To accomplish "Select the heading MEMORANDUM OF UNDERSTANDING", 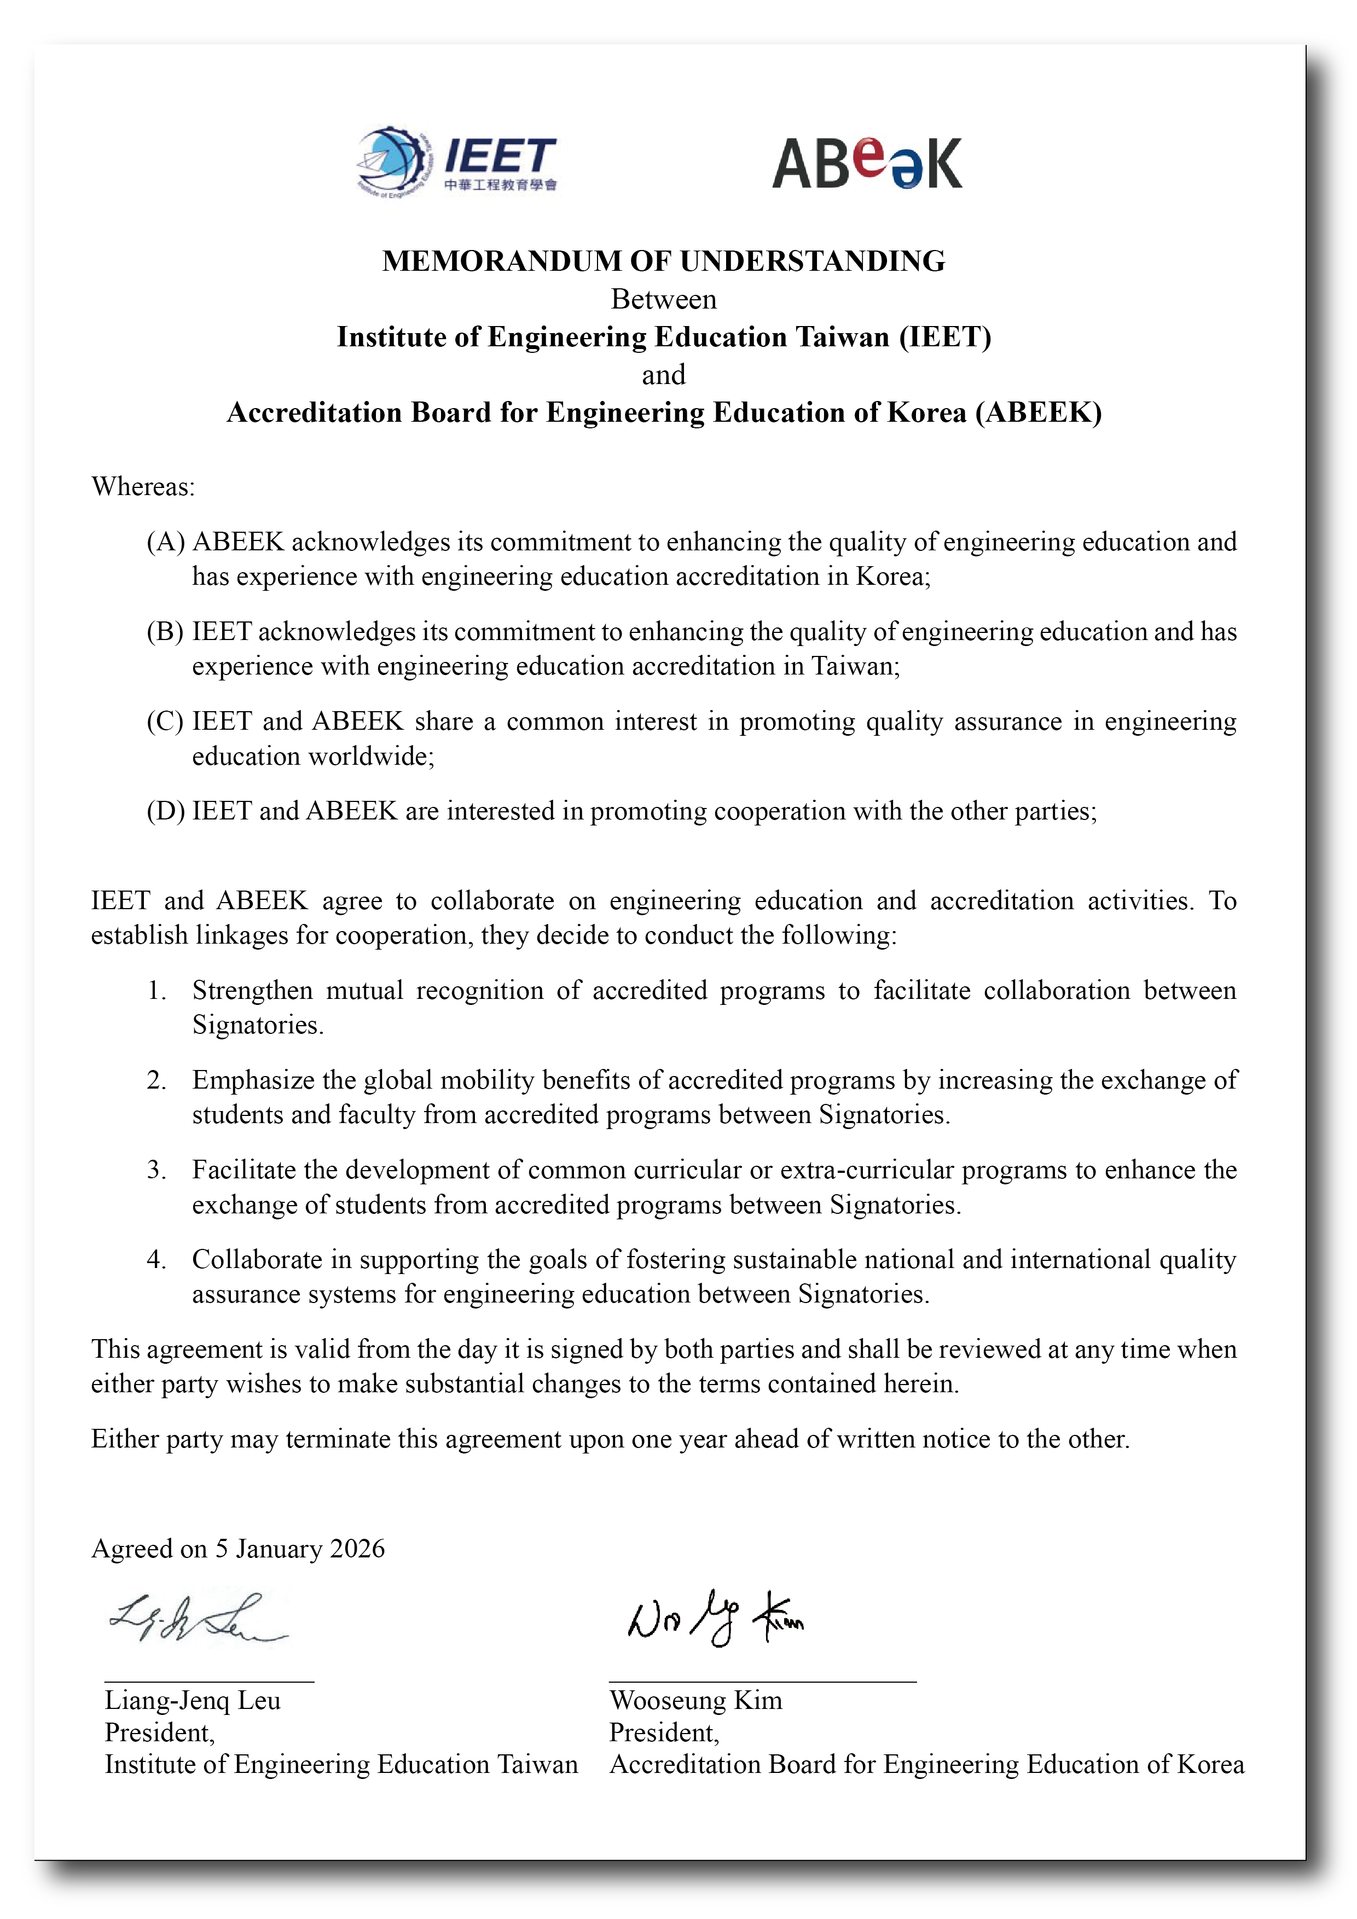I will coord(663,261).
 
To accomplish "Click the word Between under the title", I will coord(663,299).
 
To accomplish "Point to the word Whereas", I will coord(142,486).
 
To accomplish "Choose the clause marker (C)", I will coord(165,722).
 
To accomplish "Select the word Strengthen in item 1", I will coord(252,991).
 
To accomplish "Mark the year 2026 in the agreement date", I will coord(357,1549).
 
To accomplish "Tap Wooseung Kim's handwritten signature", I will coord(715,1618).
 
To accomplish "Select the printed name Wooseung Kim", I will coord(695,1700).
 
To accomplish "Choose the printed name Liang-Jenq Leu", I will coord(192,1700).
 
